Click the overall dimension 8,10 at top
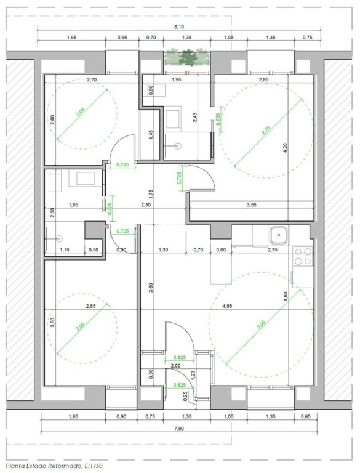(x=180, y=26)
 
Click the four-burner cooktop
(x=302, y=256)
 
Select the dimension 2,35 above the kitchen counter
(x=271, y=249)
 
